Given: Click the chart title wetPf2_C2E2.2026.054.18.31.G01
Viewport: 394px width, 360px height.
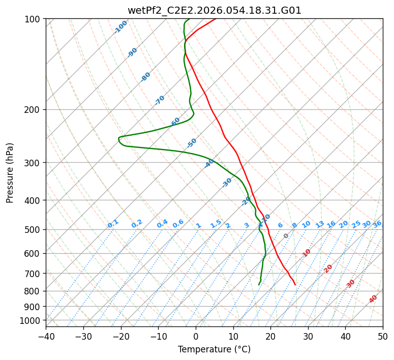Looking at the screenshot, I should click(x=214, y=10).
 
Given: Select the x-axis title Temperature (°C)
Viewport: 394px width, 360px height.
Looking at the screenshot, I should click(x=214, y=350).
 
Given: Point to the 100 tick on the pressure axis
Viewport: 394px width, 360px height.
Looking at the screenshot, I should click(x=34, y=19).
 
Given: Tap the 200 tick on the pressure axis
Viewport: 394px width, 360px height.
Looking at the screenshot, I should click(x=34, y=109).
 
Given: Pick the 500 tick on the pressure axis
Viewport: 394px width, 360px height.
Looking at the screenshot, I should click(x=34, y=229).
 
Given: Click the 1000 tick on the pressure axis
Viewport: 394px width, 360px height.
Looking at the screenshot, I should click(x=32, y=320).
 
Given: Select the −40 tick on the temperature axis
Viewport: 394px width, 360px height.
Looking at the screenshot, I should click(x=46, y=337).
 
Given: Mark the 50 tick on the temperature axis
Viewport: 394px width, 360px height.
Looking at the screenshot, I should click(x=383, y=337).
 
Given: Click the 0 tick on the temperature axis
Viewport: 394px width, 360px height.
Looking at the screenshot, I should click(x=196, y=337).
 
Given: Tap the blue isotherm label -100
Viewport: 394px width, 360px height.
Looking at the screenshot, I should click(x=120, y=27).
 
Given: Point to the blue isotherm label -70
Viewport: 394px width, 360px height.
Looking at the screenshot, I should click(x=160, y=100).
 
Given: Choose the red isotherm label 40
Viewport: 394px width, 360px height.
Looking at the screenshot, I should click(x=373, y=299).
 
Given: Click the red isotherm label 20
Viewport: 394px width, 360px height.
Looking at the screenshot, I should click(x=328, y=268).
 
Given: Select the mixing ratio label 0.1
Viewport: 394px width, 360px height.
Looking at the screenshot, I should click(x=113, y=224).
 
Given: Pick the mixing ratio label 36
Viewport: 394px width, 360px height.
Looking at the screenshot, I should click(x=377, y=224).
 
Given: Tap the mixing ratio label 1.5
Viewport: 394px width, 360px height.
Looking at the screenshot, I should click(x=216, y=224).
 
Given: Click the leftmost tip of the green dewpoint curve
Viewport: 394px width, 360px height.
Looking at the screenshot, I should click(x=118, y=138).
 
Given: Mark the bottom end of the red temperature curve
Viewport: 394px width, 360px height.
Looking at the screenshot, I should click(x=295, y=285).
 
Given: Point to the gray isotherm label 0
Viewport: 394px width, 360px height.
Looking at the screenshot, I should click(x=286, y=236).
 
